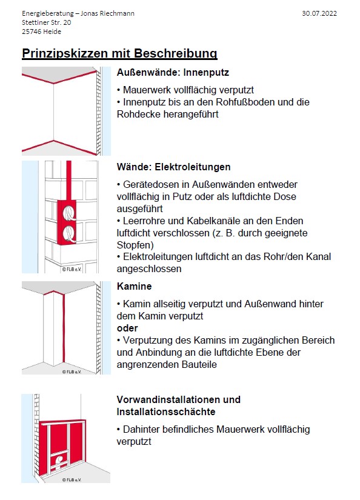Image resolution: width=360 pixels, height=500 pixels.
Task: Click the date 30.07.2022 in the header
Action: tap(319, 13)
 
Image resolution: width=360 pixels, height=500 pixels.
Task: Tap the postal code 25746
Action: tap(32, 32)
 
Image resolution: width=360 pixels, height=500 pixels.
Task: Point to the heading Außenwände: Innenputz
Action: tap(173, 72)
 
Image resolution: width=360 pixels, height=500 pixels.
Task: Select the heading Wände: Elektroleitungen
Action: tap(173, 167)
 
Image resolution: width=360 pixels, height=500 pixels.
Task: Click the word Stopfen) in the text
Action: tap(135, 245)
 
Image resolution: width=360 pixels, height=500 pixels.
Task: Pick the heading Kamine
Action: tap(135, 286)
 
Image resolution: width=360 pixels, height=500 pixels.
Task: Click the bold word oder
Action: tap(127, 328)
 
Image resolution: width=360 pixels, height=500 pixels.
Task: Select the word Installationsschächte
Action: tap(166, 412)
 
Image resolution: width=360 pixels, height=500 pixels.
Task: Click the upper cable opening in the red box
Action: tap(69, 212)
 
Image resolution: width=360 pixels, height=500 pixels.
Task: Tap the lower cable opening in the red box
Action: tap(69, 235)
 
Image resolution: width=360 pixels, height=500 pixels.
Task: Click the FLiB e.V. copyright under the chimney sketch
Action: tap(72, 372)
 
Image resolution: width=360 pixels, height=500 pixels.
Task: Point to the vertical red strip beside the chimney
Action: tap(64, 328)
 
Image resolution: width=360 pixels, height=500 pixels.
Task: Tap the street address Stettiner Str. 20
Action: tap(47, 22)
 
